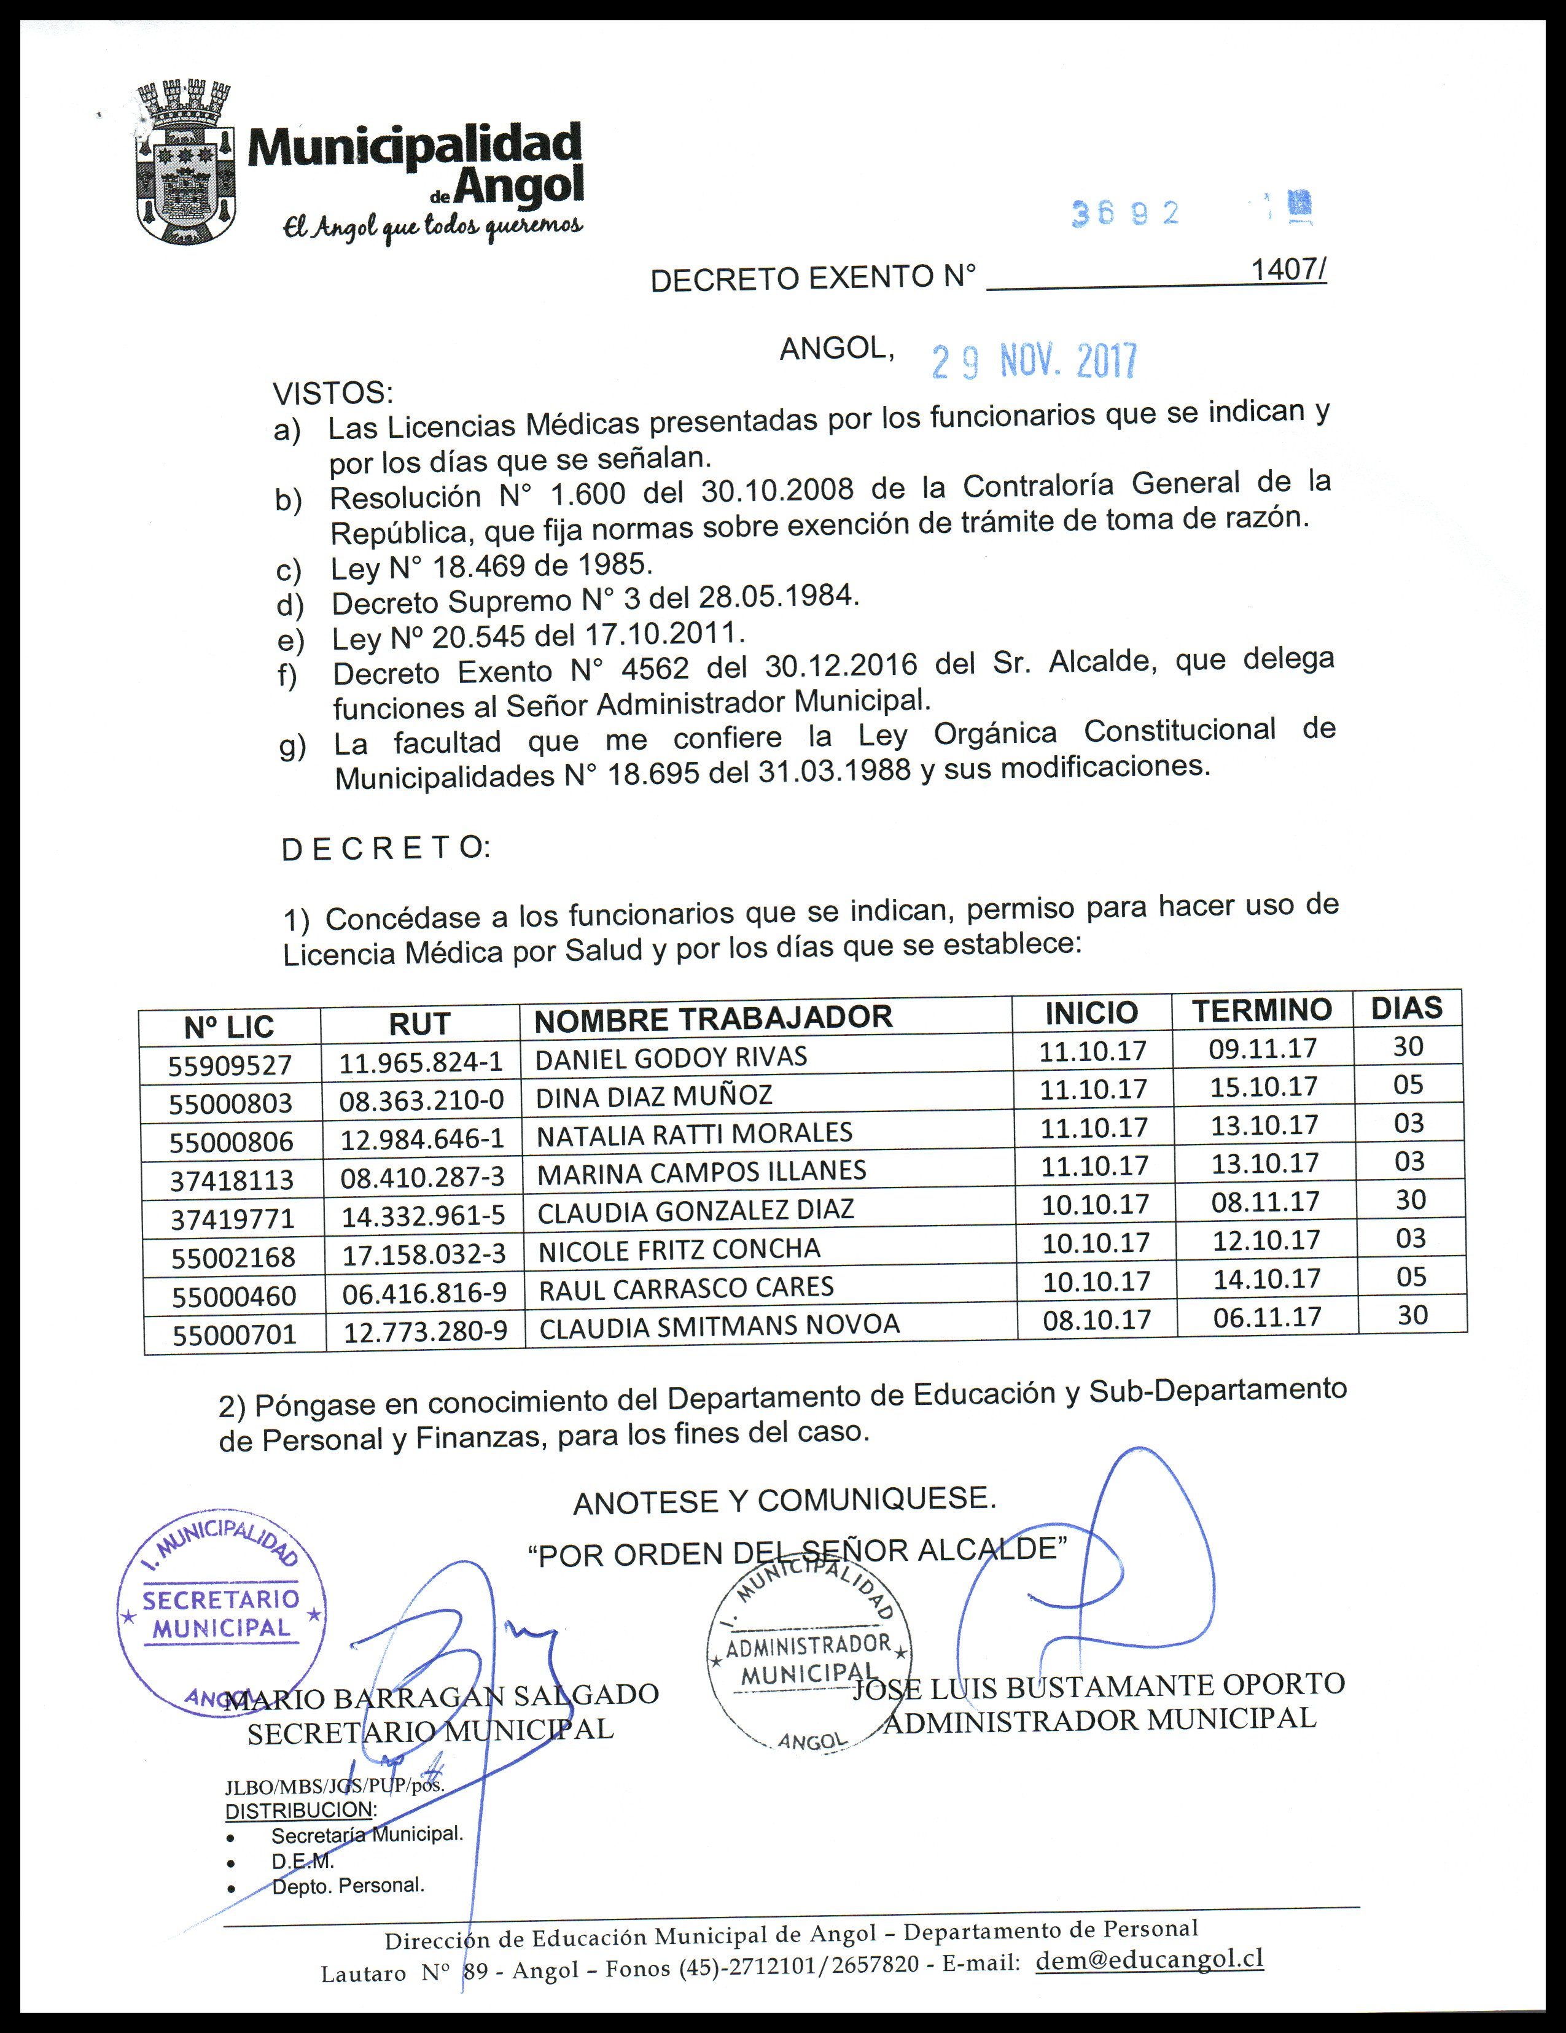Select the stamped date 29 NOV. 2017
coord(1034,361)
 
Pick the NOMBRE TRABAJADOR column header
coord(713,1019)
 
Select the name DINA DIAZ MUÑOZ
coord(653,1095)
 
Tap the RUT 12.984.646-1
coord(422,1138)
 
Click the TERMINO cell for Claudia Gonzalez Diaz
coord(1265,1202)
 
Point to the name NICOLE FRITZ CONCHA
coord(679,1250)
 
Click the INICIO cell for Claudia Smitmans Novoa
coord(1097,1319)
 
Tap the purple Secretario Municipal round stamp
coord(222,1611)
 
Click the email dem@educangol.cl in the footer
coord(1150,1959)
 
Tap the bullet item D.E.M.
coord(303,1861)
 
